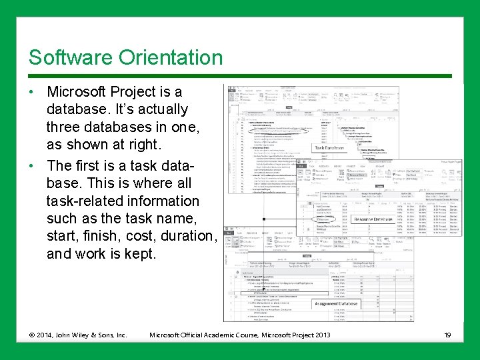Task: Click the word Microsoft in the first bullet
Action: pos(81,91)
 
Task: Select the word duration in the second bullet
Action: pos(187,235)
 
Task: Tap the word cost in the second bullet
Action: pos(141,235)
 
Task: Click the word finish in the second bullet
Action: pos(101,235)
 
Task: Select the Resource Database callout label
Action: pos(373,219)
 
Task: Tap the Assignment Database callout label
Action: pos(336,304)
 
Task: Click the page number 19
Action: pos(447,334)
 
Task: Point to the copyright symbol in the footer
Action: pos(33,334)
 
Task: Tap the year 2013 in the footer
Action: pos(321,334)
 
